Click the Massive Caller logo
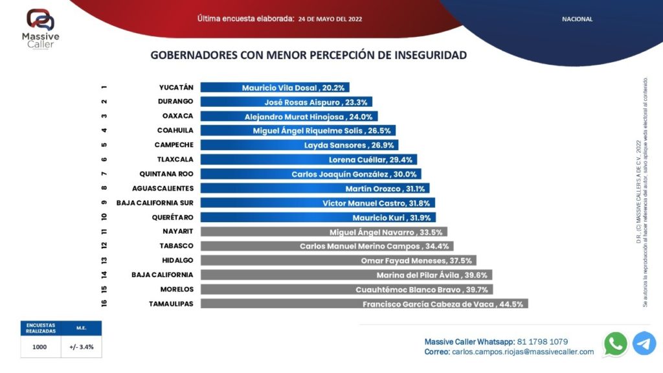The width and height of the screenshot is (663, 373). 40,29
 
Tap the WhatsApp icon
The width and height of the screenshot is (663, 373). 615,344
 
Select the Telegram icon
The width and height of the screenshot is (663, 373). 644,344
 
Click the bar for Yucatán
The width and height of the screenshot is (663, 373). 275,87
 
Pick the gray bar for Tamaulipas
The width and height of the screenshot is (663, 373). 365,304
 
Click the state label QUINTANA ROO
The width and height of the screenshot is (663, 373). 166,174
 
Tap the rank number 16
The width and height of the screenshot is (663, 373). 104,304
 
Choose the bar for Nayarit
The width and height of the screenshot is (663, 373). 324,232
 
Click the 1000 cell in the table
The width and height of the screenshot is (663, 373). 40,346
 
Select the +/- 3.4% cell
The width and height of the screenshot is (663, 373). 82,346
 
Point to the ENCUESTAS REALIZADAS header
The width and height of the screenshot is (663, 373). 41,328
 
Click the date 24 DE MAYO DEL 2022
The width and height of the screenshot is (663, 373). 330,19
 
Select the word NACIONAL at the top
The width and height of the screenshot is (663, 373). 577,19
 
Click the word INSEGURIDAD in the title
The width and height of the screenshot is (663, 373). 430,55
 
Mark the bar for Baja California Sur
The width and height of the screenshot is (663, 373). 317,203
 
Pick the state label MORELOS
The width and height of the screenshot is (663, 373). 177,289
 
